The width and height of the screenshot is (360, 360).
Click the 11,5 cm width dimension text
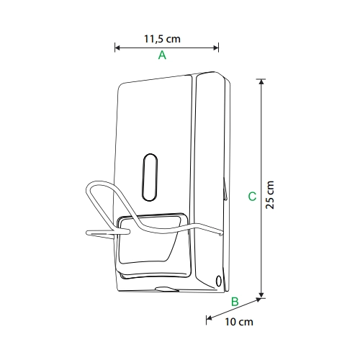pyautogui.click(x=162, y=39)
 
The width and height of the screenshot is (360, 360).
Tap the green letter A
pyautogui.click(x=162, y=55)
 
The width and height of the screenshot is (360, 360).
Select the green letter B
pyautogui.click(x=235, y=302)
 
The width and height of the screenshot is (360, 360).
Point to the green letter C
pyautogui.click(x=252, y=197)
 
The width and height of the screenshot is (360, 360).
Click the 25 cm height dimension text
pyautogui.click(x=270, y=195)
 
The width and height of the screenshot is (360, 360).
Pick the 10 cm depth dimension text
pyautogui.click(x=239, y=322)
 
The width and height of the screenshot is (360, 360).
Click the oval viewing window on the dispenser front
pyautogui.click(x=150, y=177)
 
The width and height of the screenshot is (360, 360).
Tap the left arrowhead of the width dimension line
pyautogui.click(x=117, y=48)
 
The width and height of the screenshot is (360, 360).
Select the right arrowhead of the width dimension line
pyautogui.click(x=216, y=48)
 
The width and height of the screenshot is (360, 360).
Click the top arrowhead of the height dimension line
pyautogui.click(x=261, y=81)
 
